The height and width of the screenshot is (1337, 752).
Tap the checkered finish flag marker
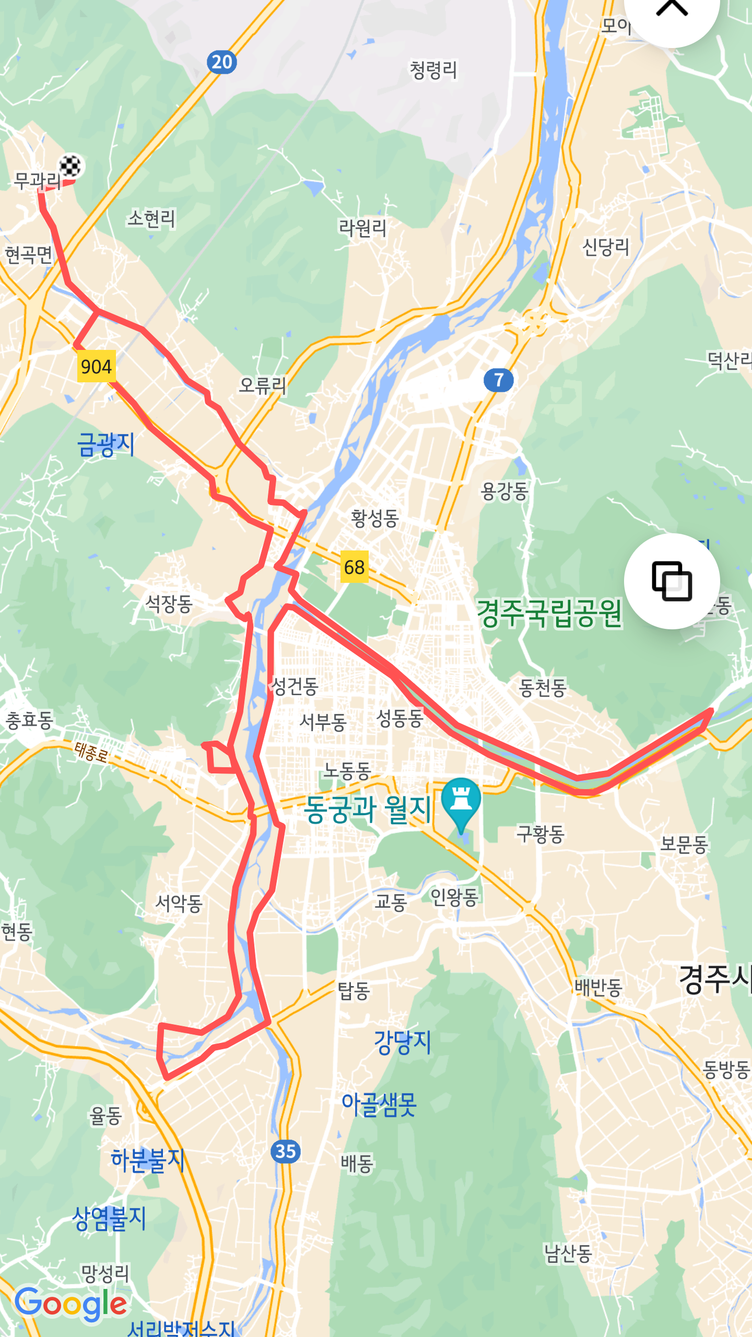click(70, 166)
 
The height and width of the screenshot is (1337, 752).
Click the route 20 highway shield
click(222, 63)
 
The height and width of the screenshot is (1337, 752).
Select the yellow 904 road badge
click(96, 367)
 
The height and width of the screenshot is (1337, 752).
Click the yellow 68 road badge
click(354, 567)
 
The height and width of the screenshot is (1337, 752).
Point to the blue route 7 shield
click(498, 380)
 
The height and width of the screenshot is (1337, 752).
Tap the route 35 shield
click(286, 1151)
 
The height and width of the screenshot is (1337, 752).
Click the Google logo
click(71, 1304)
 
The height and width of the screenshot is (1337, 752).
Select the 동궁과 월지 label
click(368, 810)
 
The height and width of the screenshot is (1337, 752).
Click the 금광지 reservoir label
click(106, 445)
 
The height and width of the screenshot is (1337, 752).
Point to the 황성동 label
click(374, 518)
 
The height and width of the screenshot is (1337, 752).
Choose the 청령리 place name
click(433, 70)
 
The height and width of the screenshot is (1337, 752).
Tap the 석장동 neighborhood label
click(169, 604)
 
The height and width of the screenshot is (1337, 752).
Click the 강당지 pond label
click(402, 1042)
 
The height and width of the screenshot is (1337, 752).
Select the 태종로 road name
click(91, 752)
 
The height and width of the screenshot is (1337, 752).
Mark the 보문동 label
click(684, 843)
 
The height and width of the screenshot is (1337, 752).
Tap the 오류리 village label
click(262, 385)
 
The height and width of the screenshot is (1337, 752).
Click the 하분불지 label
click(148, 1159)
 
